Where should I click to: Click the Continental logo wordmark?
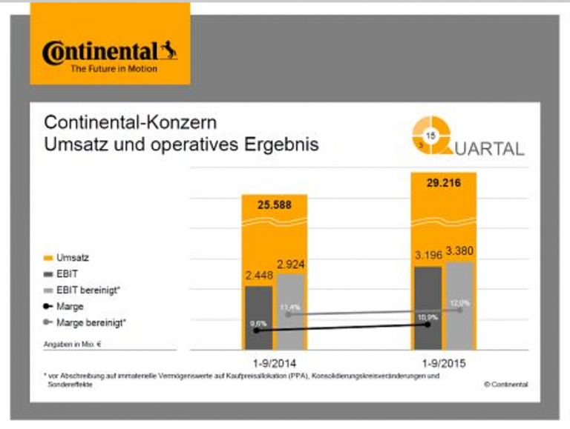[x=100, y=53]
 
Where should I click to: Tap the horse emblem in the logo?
[x=168, y=50]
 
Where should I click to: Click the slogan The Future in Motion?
[x=114, y=69]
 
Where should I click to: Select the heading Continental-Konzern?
[x=130, y=122]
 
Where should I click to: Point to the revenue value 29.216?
[x=443, y=182]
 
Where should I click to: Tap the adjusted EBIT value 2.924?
[x=291, y=264]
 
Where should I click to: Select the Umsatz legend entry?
[x=71, y=257]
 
